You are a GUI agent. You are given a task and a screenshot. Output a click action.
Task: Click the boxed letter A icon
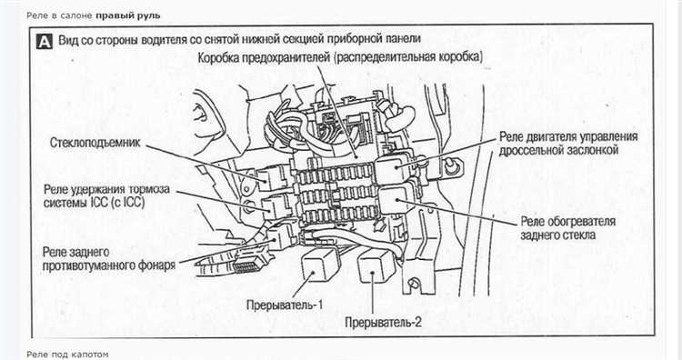click(45, 41)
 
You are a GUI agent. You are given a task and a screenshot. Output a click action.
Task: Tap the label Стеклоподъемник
click(95, 143)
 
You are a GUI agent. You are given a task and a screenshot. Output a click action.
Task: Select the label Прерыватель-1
click(285, 305)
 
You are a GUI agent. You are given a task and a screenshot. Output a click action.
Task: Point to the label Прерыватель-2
click(383, 322)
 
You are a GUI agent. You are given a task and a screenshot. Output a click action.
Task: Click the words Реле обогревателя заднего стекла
click(568, 228)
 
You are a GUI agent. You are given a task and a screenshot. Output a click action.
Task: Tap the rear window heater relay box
click(396, 199)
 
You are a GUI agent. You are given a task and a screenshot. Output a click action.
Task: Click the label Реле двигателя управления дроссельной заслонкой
click(568, 144)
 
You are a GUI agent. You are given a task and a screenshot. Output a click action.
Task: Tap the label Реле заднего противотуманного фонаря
click(109, 259)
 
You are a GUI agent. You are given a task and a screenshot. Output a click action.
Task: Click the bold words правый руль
click(128, 15)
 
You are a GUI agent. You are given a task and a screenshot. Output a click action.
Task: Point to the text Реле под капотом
click(67, 355)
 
